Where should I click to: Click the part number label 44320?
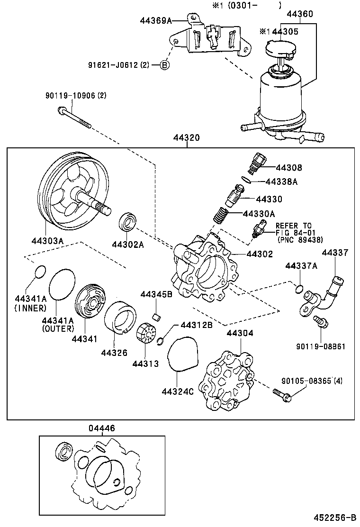tap(187, 138)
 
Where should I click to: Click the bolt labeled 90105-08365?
tap(282, 394)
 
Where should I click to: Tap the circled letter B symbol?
tap(163, 65)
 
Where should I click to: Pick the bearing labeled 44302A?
tap(128, 222)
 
